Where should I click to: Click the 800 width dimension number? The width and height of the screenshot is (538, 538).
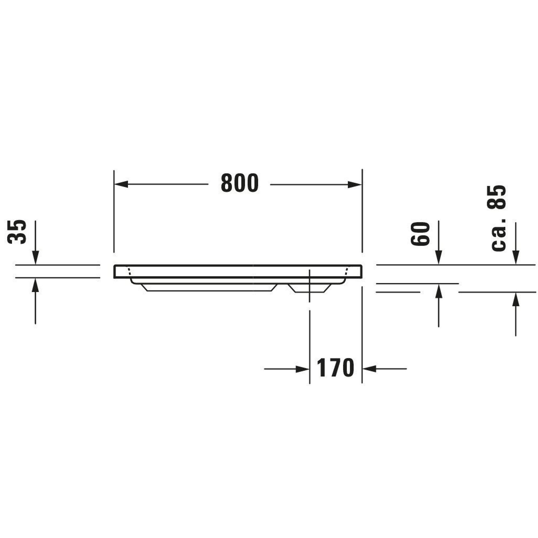[x=239, y=183]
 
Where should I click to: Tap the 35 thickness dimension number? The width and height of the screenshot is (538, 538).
[x=17, y=232]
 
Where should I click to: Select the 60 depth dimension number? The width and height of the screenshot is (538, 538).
[x=420, y=234]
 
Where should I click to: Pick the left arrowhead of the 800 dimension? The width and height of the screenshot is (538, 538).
[x=121, y=184]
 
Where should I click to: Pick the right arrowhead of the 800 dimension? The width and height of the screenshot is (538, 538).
[x=355, y=184]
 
